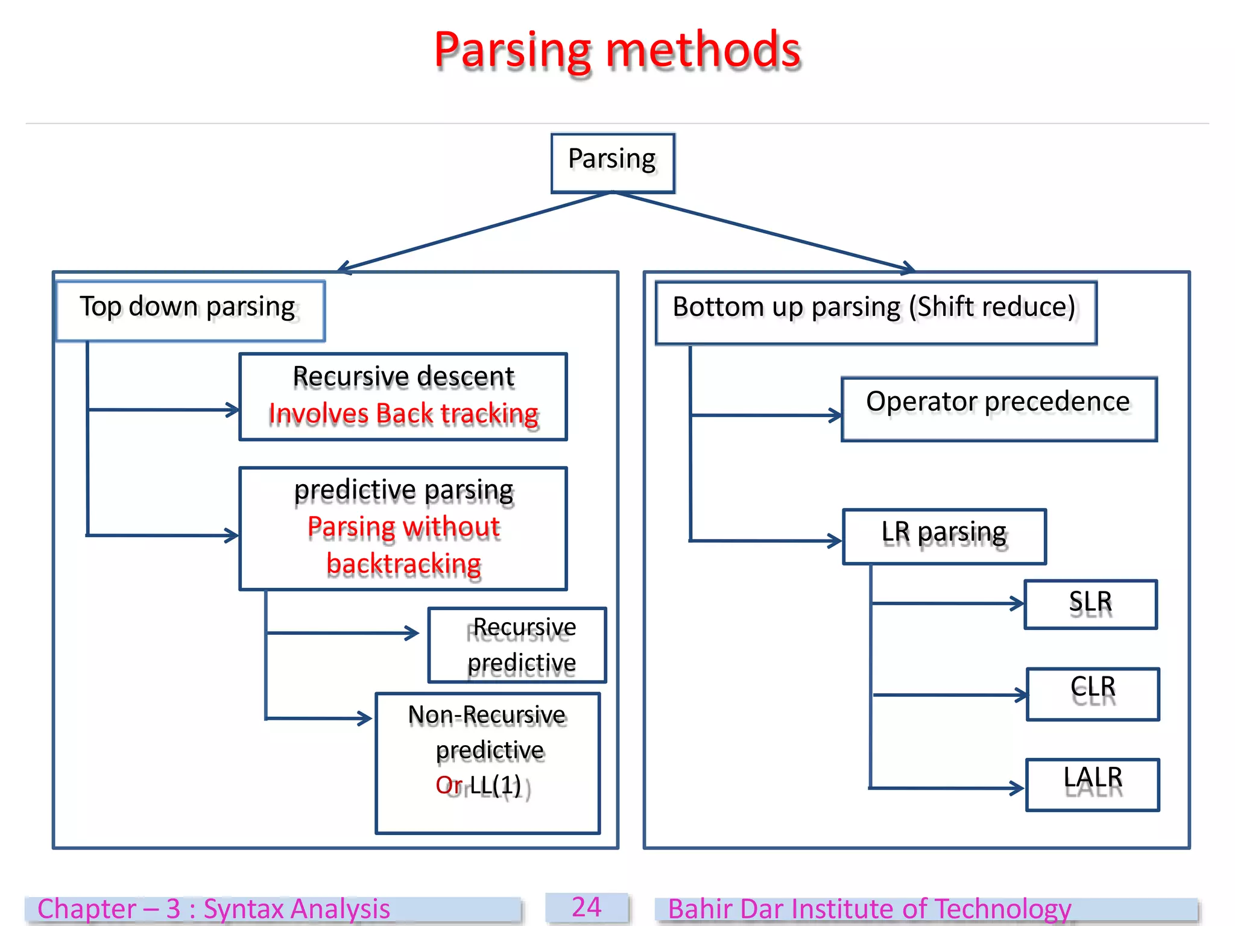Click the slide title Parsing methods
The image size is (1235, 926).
click(617, 51)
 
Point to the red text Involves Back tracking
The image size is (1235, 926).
click(403, 414)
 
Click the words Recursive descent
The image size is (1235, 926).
click(403, 377)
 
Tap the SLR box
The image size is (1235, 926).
click(1090, 604)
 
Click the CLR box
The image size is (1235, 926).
click(1092, 693)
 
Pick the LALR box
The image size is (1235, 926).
click(1092, 784)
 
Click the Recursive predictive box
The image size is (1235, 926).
click(517, 645)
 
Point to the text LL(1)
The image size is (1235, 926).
click(495, 785)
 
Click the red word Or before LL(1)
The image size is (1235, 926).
click(449, 785)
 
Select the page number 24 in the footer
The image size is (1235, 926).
click(586, 907)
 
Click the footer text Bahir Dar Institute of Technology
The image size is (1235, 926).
click(869, 909)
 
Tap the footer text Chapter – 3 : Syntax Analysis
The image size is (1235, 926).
click(213, 909)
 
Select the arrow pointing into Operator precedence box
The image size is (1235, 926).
click(766, 415)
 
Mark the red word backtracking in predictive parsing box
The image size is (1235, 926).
click(403, 564)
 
